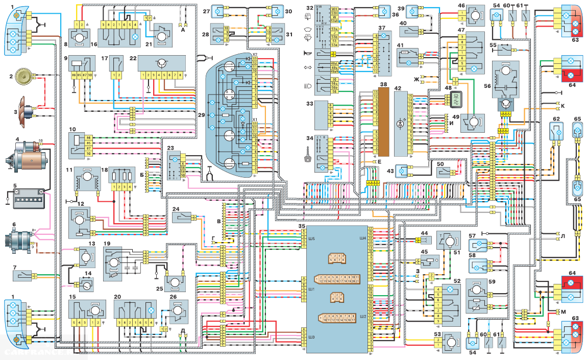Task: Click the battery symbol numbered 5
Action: [x=27, y=197]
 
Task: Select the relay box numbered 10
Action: [x=81, y=145]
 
